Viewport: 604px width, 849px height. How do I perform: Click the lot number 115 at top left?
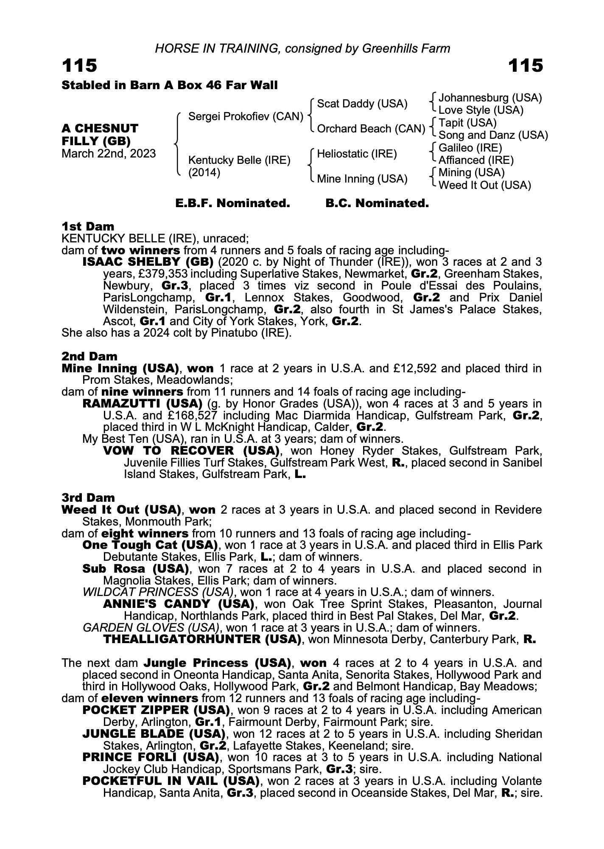(x=80, y=66)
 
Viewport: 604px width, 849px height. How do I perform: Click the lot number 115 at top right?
(x=525, y=66)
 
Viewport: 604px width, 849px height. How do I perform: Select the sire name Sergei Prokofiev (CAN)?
(x=246, y=116)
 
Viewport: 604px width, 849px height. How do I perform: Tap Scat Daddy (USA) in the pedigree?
(x=362, y=104)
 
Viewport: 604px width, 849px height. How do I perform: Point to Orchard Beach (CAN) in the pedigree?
(x=371, y=129)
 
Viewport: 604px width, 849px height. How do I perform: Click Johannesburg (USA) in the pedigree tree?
(x=490, y=98)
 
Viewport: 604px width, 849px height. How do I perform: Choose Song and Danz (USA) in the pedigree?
(x=493, y=135)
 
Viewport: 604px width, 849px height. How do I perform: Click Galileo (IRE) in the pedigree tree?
(x=470, y=148)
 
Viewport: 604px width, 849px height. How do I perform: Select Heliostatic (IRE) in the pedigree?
(x=357, y=154)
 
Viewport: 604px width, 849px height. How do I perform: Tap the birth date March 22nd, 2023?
(x=109, y=154)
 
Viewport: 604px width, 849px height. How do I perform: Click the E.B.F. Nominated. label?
(x=232, y=203)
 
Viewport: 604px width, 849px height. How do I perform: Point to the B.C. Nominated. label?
(x=377, y=203)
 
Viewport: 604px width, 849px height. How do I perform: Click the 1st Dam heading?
(x=88, y=226)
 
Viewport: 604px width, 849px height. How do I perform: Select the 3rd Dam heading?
(x=88, y=498)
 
